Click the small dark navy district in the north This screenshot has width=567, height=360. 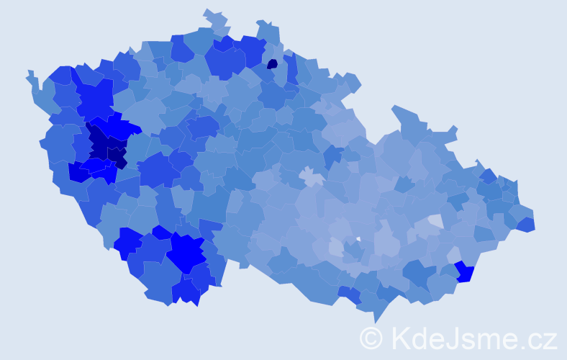(272, 64)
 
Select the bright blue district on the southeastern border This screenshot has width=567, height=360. (464, 273)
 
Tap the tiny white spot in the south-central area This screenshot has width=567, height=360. (358, 239)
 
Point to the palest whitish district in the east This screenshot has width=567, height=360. (435, 221)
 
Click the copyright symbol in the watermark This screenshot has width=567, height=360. (371, 337)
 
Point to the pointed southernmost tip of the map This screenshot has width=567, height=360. (375, 322)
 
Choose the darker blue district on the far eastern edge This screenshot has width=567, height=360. (525, 224)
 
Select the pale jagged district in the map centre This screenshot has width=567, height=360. (312, 176)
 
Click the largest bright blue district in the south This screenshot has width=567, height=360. (187, 252)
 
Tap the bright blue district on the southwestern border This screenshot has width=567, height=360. (127, 242)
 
